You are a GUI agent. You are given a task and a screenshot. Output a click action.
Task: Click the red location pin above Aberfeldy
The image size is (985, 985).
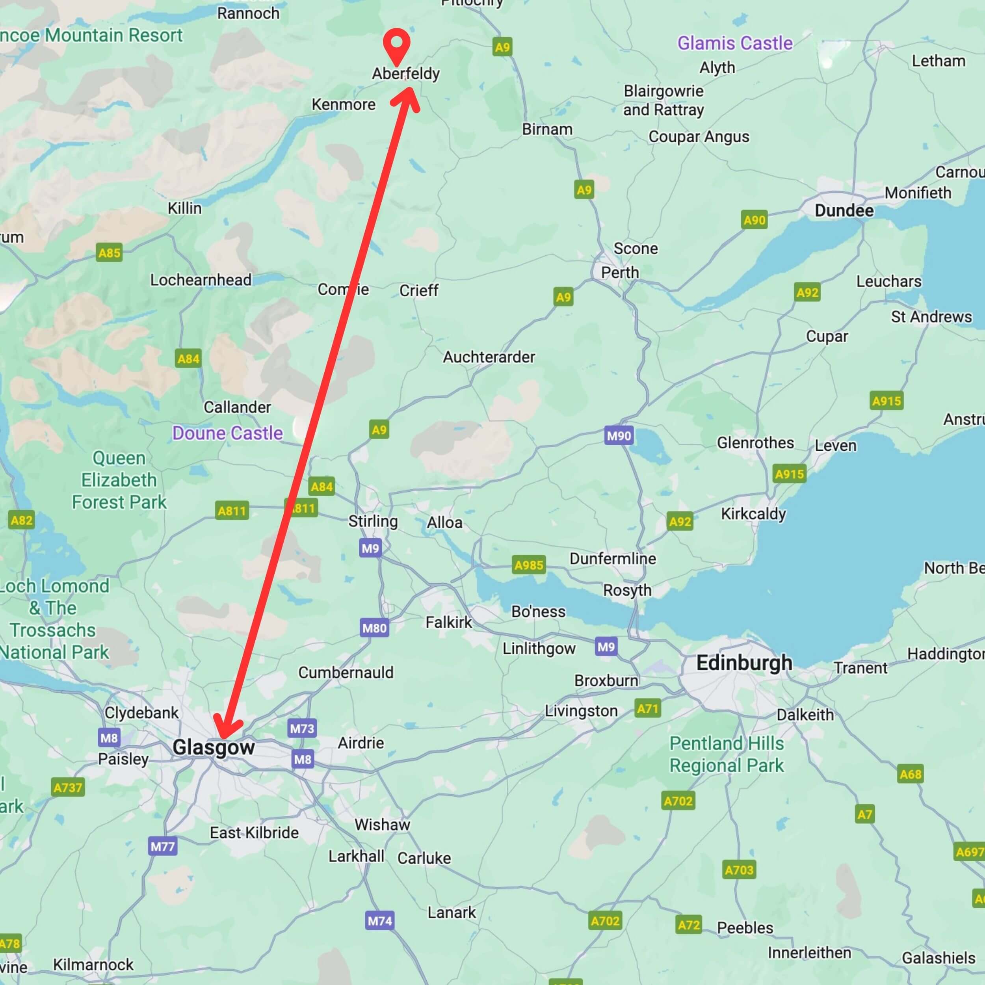pos(397,45)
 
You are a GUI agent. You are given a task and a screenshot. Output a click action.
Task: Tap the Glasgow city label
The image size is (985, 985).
pos(213,747)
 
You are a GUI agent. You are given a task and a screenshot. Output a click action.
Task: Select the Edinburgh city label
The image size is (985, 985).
pos(744,663)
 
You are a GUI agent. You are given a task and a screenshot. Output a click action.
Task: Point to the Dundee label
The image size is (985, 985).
pos(844,210)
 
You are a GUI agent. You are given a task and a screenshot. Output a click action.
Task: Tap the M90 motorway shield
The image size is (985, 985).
pos(619,435)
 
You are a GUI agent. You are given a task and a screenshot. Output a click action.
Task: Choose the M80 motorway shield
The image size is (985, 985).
pos(375,628)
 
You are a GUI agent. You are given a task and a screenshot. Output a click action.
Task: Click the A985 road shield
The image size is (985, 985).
pos(529,565)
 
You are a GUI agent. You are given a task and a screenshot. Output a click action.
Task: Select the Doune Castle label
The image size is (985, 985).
pos(227,433)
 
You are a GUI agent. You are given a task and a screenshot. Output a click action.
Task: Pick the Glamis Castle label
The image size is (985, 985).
pos(735,43)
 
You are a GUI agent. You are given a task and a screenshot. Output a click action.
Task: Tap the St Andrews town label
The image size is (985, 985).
pos(931,317)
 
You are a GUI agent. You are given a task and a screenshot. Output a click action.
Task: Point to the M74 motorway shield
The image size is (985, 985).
pos(380,921)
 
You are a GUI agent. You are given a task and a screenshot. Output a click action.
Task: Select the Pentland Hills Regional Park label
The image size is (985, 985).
pos(727,754)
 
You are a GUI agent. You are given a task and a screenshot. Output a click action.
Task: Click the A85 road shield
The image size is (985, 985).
pos(109,253)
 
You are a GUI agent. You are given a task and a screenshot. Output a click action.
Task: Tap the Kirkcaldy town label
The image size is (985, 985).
pos(753,513)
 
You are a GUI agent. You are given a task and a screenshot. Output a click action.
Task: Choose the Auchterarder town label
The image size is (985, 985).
pos(489,357)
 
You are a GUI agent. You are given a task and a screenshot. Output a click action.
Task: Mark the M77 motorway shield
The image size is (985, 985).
pos(163,847)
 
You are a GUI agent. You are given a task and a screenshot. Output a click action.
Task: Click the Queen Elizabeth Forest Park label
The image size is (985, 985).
pos(119,480)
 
